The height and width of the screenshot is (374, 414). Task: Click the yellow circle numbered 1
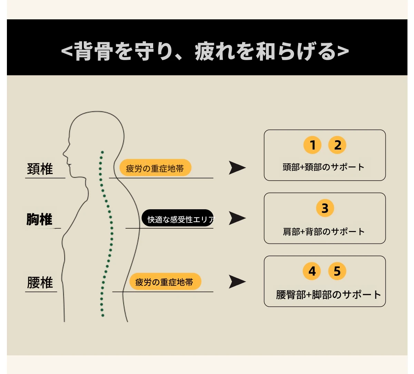pos(312,145)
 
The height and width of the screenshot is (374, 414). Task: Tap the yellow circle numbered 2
pos(337,145)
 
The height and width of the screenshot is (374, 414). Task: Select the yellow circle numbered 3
pos(325,208)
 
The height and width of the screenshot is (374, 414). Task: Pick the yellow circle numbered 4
pos(312,271)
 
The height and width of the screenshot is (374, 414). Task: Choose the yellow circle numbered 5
pos(337,271)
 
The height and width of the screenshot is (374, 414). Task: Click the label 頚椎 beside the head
pos(40,169)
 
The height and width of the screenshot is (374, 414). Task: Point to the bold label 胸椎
pos(39,219)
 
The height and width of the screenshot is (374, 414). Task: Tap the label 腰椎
pos(40,282)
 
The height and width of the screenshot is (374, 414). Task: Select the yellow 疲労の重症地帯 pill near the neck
pos(155,168)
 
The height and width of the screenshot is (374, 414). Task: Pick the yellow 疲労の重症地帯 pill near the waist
pos(165,281)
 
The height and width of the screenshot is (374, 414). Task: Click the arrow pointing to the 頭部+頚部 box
pos(237,168)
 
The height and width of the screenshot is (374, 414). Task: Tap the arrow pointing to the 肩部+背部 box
pos(237,218)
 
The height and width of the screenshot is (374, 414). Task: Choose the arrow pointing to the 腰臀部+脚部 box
pos(237,282)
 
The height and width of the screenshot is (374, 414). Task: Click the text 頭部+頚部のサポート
pos(323,167)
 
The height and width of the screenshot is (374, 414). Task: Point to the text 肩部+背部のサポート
pos(323,232)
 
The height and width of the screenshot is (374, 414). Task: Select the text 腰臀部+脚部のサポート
pos(328,295)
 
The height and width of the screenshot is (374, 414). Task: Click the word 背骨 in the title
pos(94,51)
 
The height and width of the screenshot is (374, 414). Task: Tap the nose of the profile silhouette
pos(64,154)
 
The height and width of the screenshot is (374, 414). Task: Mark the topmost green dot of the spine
pos(102,152)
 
